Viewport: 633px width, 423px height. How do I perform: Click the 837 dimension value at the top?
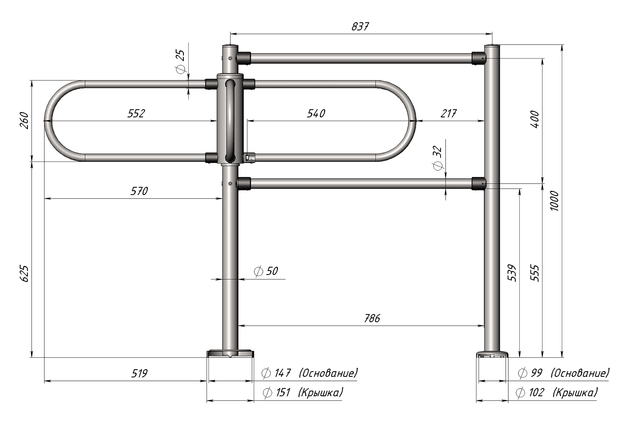point(360,27)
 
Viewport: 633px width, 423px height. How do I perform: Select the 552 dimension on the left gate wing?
point(136,113)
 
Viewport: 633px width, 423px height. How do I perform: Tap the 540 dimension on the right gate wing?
point(316,113)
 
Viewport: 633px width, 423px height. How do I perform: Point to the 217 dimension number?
point(448,113)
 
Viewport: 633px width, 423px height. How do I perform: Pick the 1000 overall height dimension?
point(554,201)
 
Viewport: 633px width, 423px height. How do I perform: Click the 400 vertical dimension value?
point(535,119)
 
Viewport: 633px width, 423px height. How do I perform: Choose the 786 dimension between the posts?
point(372,318)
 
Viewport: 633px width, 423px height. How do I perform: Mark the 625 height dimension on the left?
point(24,274)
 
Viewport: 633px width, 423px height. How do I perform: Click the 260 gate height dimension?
point(24,120)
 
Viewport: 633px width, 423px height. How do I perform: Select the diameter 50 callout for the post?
point(266,271)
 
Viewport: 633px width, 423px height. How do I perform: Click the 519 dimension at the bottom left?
point(139,374)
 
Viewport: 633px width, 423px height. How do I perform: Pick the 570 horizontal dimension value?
point(139,191)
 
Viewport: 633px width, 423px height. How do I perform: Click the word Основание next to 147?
point(328,373)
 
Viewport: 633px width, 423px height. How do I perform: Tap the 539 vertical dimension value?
point(512,273)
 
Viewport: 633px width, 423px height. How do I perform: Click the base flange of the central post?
point(230,354)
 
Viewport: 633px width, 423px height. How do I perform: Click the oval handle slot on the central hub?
point(230,121)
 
